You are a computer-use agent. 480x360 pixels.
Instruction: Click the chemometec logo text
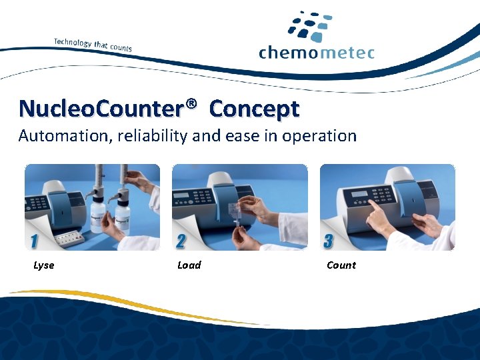[x=317, y=52]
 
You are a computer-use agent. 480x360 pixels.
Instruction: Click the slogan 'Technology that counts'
[x=93, y=44]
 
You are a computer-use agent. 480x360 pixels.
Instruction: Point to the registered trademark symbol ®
[x=192, y=104]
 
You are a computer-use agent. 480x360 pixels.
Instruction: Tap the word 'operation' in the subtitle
[x=320, y=136]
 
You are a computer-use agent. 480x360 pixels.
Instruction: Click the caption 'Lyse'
[x=44, y=265]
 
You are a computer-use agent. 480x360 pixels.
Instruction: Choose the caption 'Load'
[x=189, y=265]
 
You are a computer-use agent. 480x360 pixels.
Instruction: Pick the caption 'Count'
[x=341, y=265]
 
